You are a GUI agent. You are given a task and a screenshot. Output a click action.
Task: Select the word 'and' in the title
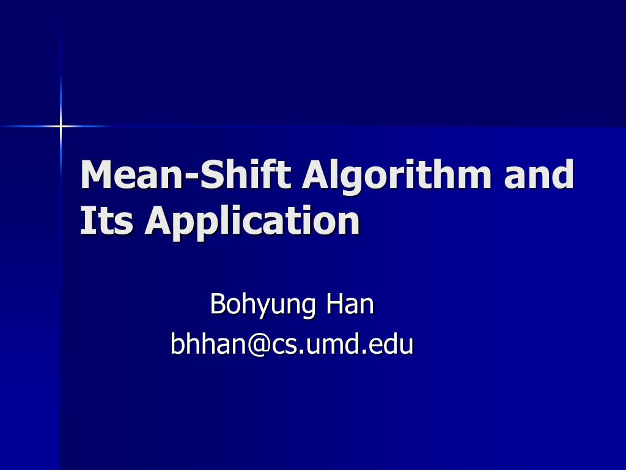coord(540,174)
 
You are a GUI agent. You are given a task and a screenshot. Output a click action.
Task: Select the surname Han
coord(349,304)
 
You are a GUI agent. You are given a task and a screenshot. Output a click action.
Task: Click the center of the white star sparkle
coord(61,126)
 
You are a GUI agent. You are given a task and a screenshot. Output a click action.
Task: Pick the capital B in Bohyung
coord(218,304)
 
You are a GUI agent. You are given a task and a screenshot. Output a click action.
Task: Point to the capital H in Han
coord(334,304)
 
